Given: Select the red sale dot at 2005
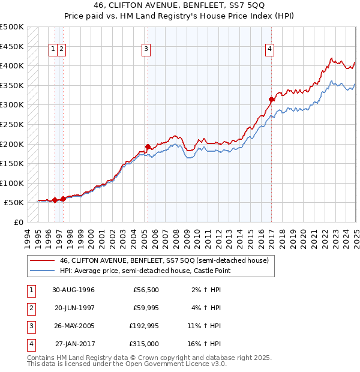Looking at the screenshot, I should click(148, 146).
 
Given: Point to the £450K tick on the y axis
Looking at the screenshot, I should click(11, 46).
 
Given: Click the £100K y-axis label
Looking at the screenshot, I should click(11, 183).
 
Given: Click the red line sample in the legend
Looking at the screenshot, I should click(40, 260).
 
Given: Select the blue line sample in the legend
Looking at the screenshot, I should click(40, 271).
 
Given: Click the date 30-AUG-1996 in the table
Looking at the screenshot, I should click(74, 290).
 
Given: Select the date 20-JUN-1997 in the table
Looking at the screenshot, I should click(74, 308).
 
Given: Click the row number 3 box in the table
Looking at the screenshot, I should click(30, 326).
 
